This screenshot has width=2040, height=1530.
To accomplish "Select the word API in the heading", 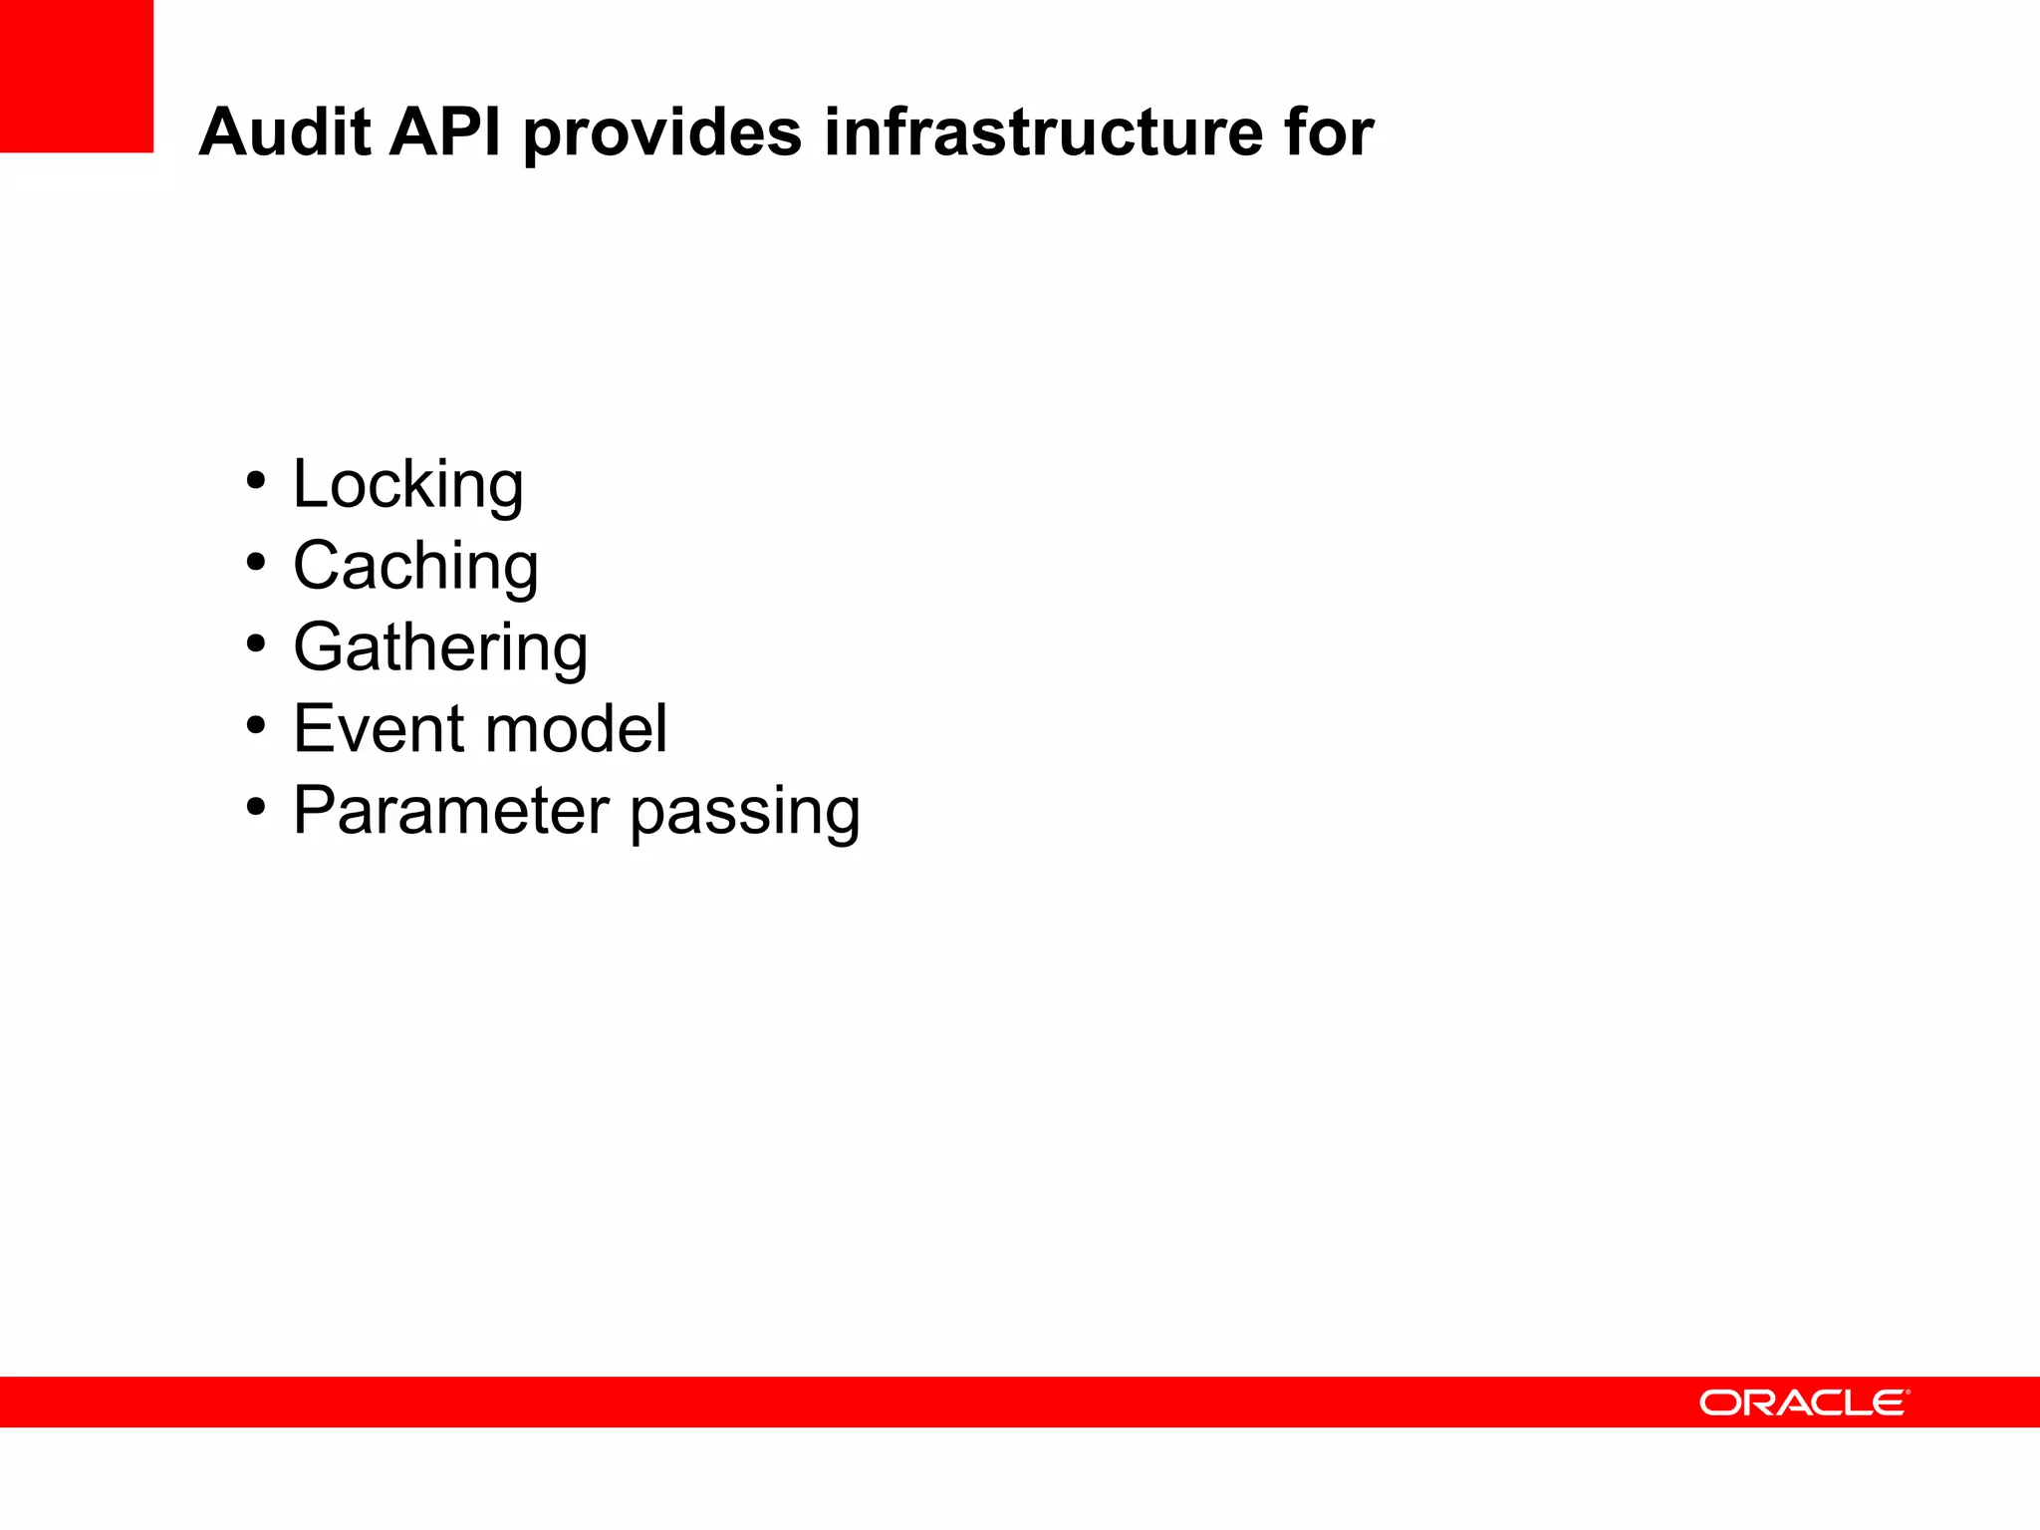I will click(x=445, y=132).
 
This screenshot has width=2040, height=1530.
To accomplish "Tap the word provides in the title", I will click(x=662, y=132).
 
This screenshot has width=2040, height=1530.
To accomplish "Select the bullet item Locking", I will click(x=407, y=485).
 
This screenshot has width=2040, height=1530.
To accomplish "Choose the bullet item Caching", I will click(x=415, y=567).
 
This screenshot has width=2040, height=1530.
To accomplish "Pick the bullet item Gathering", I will click(x=440, y=648).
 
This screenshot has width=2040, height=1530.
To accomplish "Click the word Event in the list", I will click(x=378, y=729).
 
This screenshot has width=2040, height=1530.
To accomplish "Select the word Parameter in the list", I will click(x=450, y=811).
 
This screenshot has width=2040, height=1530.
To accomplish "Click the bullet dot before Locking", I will click(x=256, y=481).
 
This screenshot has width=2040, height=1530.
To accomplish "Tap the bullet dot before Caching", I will click(x=256, y=563).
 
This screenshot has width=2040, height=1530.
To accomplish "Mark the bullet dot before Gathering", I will click(x=256, y=644).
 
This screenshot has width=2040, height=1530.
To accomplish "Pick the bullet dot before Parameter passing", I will click(x=256, y=807).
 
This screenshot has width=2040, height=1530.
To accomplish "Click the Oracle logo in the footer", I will click(x=1804, y=1402).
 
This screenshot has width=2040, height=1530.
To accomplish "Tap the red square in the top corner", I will click(x=77, y=76).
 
